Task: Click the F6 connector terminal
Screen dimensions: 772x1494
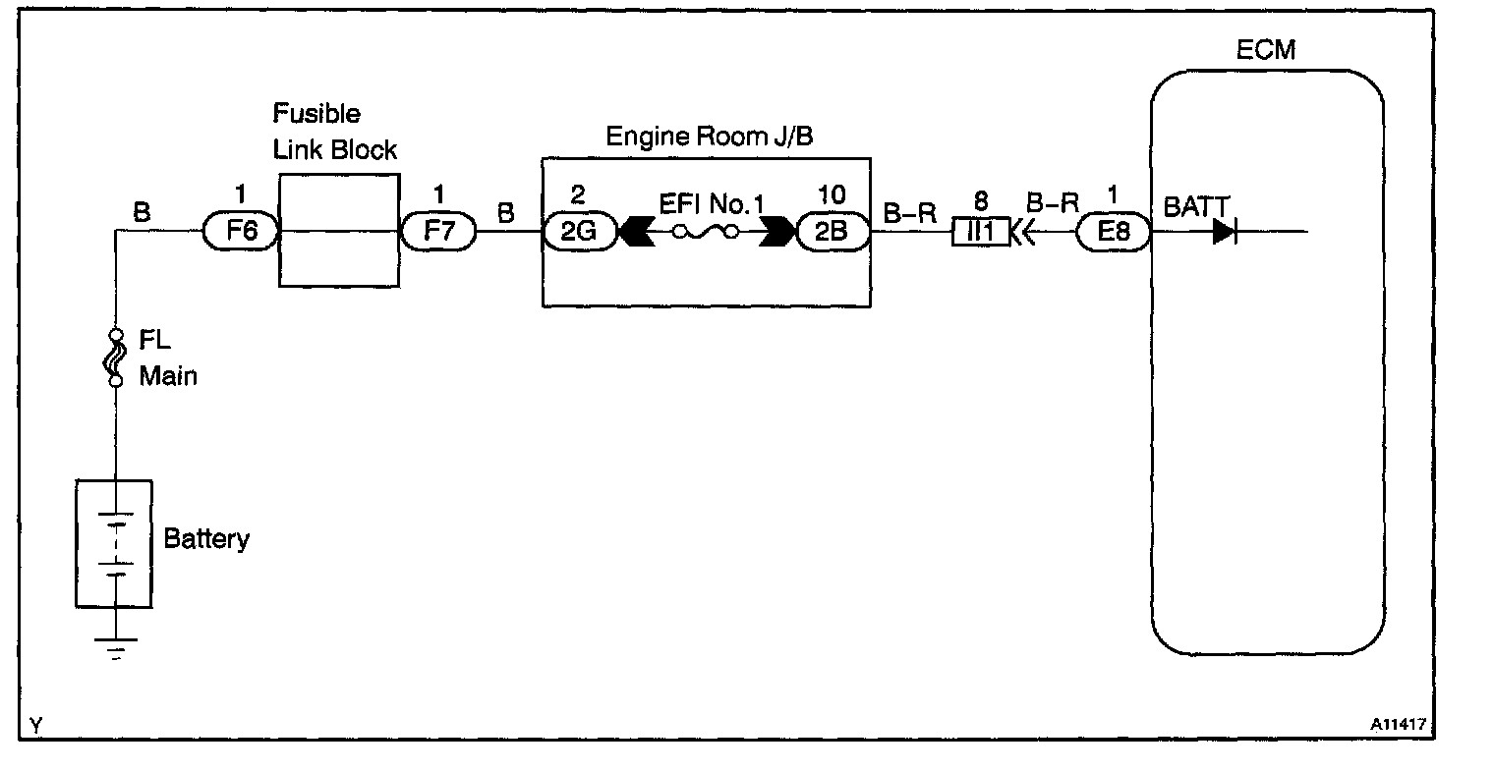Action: [x=241, y=233]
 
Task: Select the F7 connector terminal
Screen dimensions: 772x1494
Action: [x=438, y=233]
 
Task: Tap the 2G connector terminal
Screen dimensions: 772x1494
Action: [x=579, y=233]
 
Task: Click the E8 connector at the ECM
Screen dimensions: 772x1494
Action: [x=1114, y=233]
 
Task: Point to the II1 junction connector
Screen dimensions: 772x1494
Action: [x=980, y=233]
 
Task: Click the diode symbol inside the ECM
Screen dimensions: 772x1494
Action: [x=1224, y=233]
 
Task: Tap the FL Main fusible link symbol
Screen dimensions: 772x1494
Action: [x=116, y=357]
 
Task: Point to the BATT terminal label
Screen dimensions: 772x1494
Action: [x=1196, y=206]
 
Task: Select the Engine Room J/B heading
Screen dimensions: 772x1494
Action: [x=709, y=136]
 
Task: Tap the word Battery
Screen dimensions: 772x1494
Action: [x=206, y=539]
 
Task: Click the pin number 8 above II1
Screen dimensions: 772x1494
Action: [x=980, y=200]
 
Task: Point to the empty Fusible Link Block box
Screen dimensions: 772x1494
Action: [x=339, y=231]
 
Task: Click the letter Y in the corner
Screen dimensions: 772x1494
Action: [x=35, y=726]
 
